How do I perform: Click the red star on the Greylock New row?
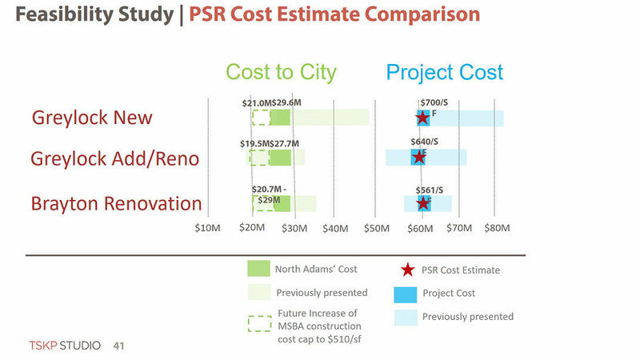pyautogui.click(x=422, y=118)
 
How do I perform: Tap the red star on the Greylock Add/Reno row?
pyautogui.click(x=418, y=157)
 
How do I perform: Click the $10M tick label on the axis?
pyautogui.click(x=207, y=229)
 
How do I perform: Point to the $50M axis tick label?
pyautogui.click(x=376, y=229)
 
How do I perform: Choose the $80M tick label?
pyautogui.click(x=497, y=229)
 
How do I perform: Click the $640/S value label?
pyautogui.click(x=425, y=142)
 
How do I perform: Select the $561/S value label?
pyautogui.click(x=430, y=190)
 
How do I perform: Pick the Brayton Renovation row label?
pyautogui.click(x=116, y=203)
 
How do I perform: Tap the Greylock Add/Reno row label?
pyautogui.click(x=114, y=159)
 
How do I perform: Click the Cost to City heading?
pyautogui.click(x=281, y=72)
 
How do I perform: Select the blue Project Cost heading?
pyautogui.click(x=445, y=72)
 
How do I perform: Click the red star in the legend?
pyautogui.click(x=407, y=270)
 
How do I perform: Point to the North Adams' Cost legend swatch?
pyautogui.click(x=259, y=269)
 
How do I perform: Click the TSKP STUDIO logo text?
pyautogui.click(x=65, y=346)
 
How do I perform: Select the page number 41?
pyautogui.click(x=119, y=346)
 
